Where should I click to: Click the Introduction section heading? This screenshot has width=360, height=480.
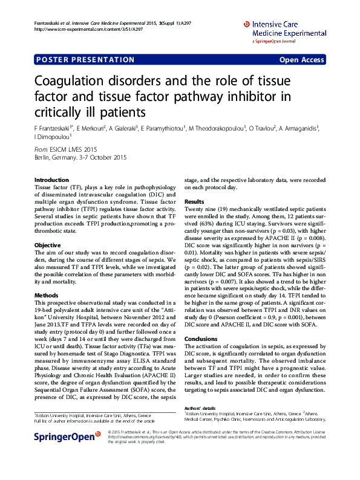51,180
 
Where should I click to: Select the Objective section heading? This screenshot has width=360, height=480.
47,245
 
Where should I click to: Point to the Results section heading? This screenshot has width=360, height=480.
194,201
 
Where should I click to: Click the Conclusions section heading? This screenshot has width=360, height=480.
200,339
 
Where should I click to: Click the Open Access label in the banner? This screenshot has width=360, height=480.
301,60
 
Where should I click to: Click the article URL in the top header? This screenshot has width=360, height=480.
88,29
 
